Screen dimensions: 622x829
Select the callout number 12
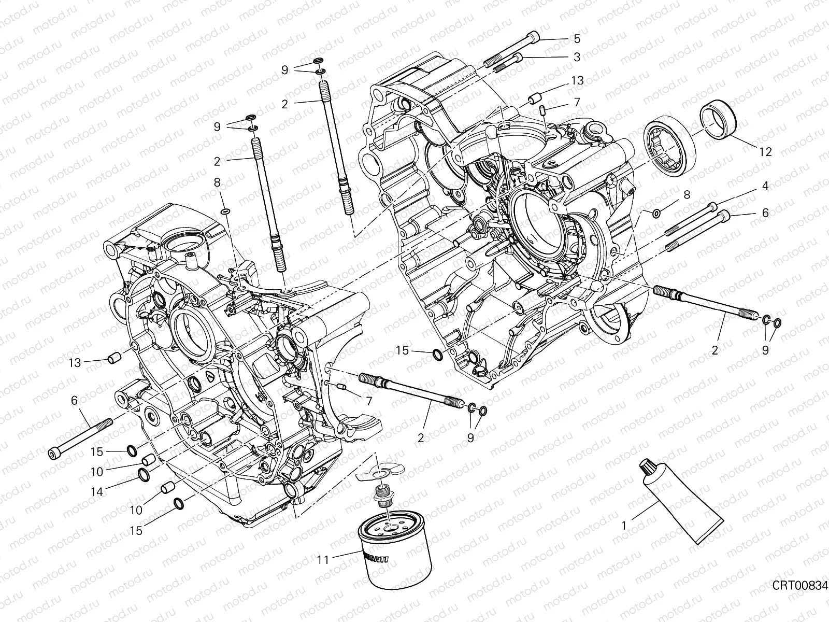pyautogui.click(x=765, y=152)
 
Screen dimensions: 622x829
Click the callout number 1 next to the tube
pyautogui.click(x=624, y=526)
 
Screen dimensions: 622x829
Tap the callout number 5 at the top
pyautogui.click(x=577, y=38)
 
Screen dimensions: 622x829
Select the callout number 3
pyautogui.click(x=577, y=58)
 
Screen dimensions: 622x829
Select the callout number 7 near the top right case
pyautogui.click(x=577, y=102)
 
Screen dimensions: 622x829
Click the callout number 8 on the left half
pyautogui.click(x=217, y=182)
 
